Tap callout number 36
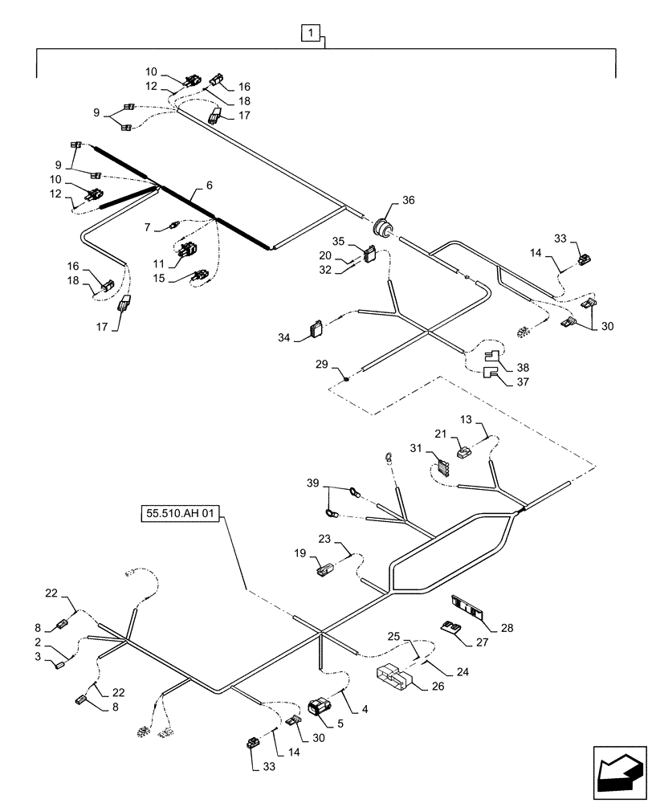point(410,202)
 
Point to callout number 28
point(507,628)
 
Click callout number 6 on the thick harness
point(210,185)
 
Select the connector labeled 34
point(316,329)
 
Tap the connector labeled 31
point(443,464)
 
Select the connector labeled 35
point(371,254)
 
